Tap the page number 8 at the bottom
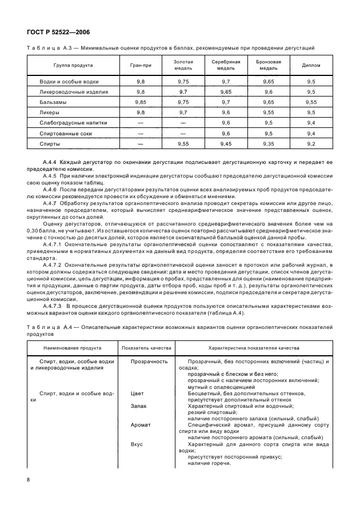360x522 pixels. [29, 478]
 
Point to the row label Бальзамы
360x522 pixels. [53, 102]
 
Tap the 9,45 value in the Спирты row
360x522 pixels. [226, 143]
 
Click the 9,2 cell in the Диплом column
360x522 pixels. [311, 143]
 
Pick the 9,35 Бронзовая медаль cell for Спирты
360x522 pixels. [268, 143]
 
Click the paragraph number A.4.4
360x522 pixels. [53, 163]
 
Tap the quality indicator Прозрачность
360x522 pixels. [149, 362]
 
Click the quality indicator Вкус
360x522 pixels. [137, 443]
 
